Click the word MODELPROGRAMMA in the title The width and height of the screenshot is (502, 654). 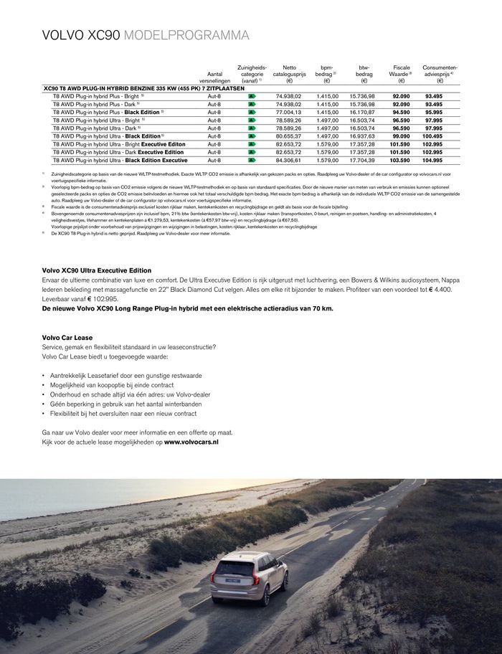tap(187, 36)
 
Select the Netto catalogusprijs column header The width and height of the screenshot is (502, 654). tap(289, 74)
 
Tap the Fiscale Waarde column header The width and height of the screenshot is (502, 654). tap(400, 74)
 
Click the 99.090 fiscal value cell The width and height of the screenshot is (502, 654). tap(400, 136)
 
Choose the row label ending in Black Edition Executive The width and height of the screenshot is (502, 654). tap(120, 160)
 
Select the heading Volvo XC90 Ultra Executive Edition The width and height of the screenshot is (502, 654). tap(97, 270)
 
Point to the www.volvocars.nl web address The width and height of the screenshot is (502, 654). tap(191, 442)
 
